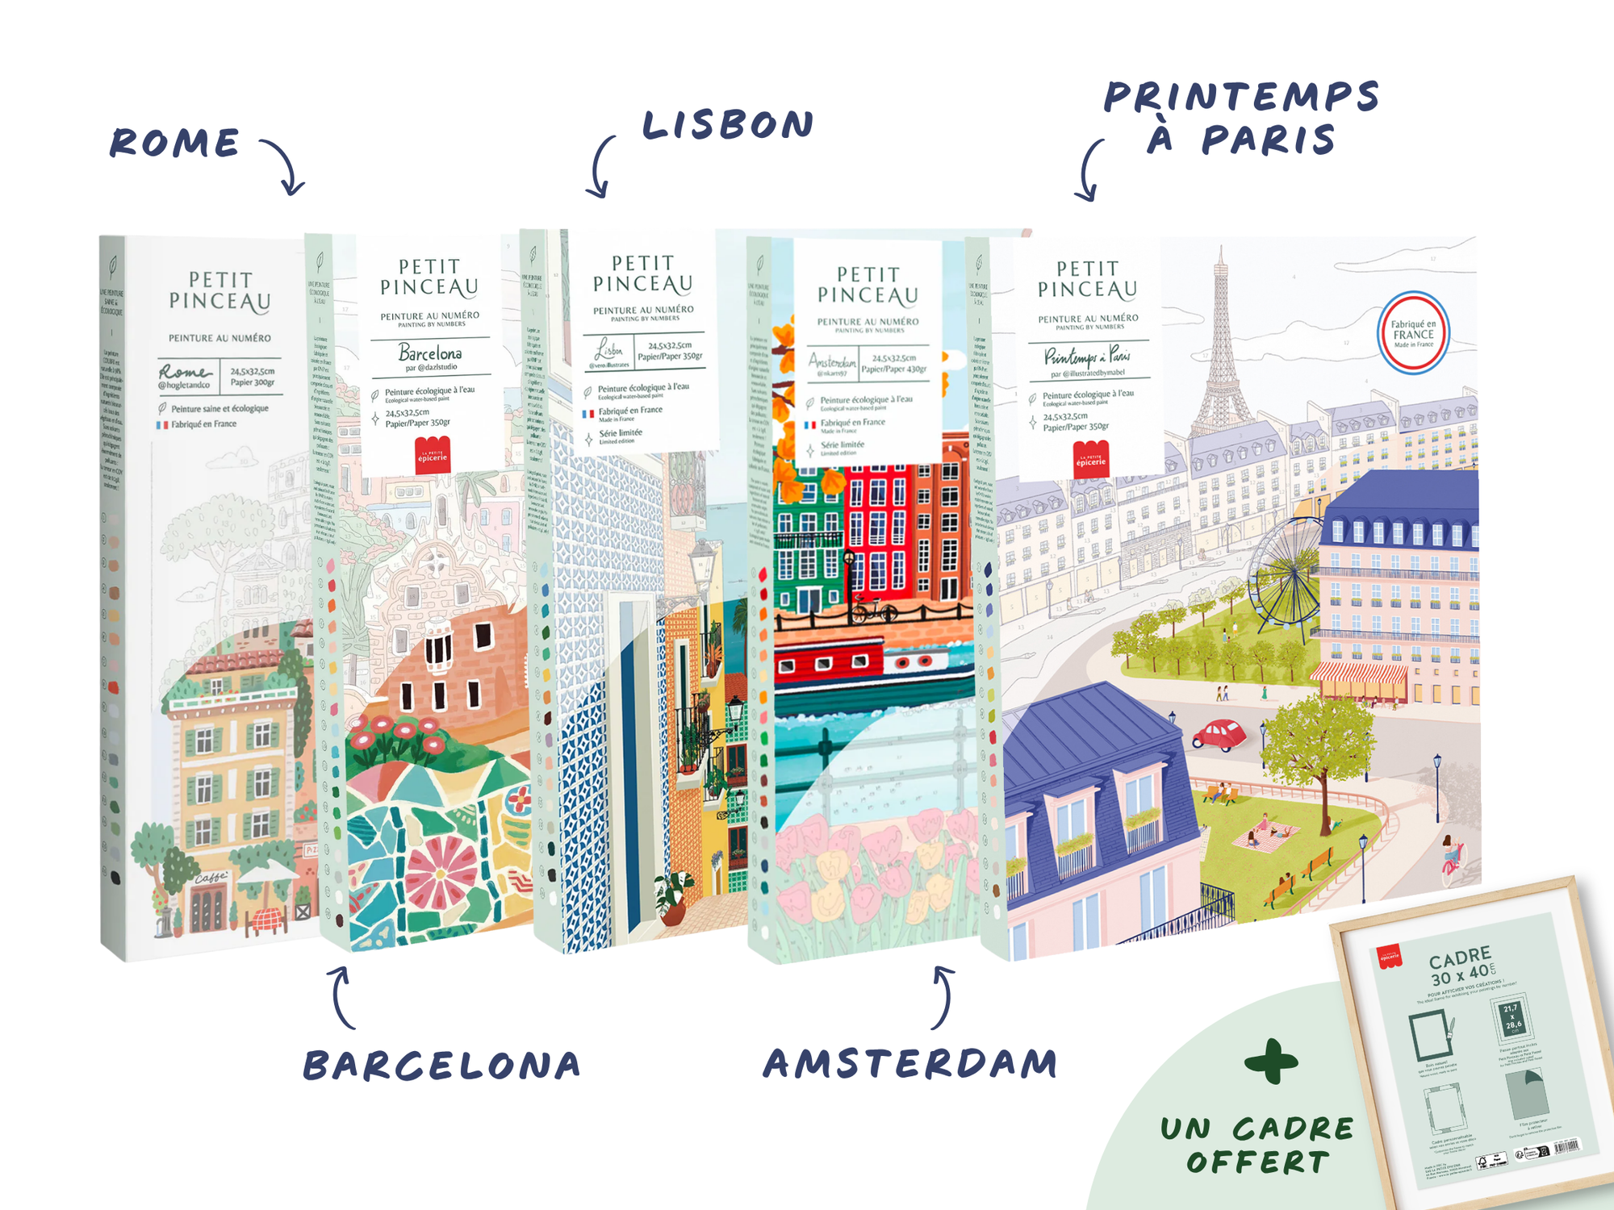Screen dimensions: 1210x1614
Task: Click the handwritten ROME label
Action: (175, 144)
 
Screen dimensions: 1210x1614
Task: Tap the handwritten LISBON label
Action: (728, 125)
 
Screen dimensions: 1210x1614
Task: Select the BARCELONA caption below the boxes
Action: (442, 1066)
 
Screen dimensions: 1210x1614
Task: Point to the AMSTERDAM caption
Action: (910, 1064)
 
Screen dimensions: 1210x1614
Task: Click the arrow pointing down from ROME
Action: (284, 166)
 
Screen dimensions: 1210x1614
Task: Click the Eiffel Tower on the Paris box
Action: (1219, 347)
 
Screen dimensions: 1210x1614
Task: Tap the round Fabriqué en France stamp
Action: (1413, 332)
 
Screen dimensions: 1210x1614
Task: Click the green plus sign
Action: (1272, 1062)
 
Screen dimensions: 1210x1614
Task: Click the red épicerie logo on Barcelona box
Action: (433, 456)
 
